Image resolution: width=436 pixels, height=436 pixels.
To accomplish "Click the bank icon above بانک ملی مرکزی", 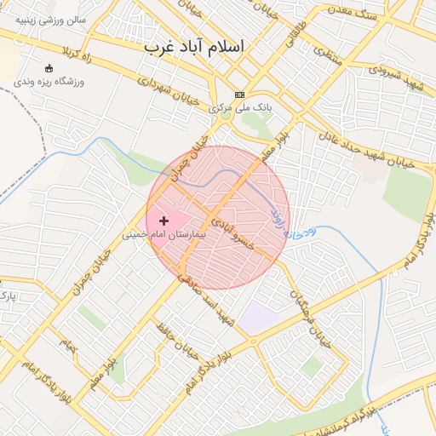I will (x=240, y=95).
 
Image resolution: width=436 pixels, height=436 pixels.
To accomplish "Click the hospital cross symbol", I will (x=163, y=221).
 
